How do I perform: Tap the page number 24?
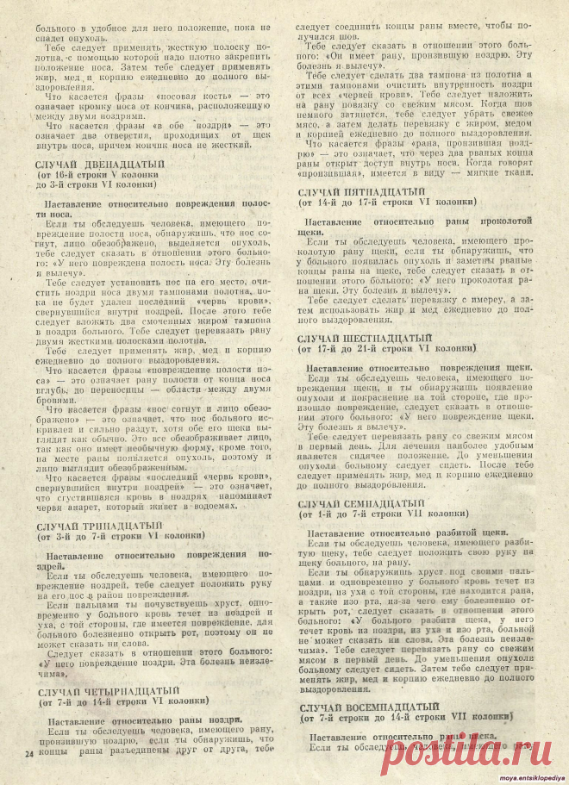tap(28, 755)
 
